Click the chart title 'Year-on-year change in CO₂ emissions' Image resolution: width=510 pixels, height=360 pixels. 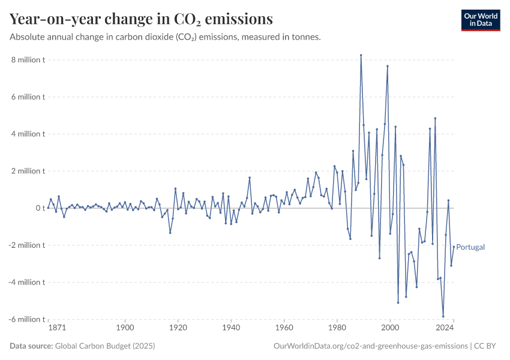coord(141,19)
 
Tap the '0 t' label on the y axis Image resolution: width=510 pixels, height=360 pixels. coord(40,208)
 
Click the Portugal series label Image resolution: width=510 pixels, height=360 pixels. coord(470,247)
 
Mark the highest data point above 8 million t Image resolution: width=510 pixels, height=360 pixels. coord(361,55)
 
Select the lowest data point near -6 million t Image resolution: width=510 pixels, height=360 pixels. coord(443,316)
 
